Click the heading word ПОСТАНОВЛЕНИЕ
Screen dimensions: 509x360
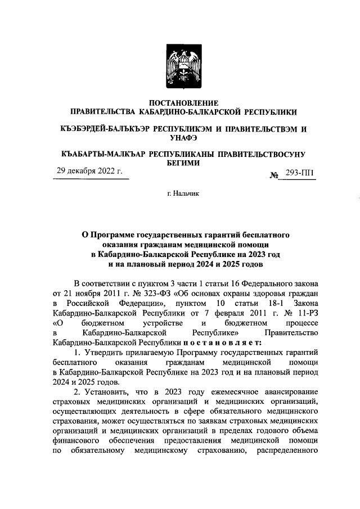click(179, 103)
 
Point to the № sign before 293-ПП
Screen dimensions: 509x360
click(275, 175)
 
